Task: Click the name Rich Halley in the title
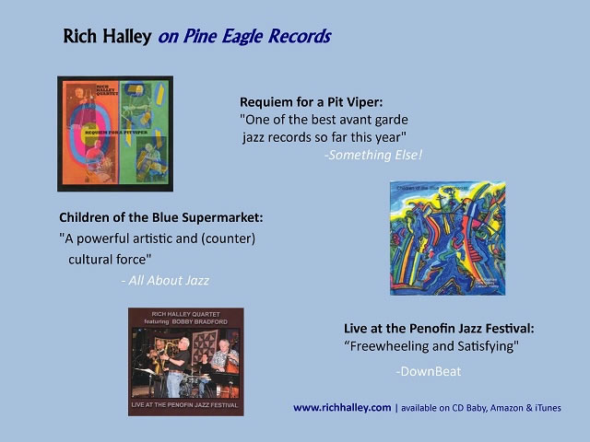[x=108, y=37]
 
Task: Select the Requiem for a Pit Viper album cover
[x=115, y=133]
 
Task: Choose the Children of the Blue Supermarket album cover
[x=447, y=238]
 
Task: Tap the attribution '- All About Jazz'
[x=165, y=280]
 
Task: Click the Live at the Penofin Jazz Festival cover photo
[x=185, y=362]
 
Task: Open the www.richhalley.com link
[x=342, y=407]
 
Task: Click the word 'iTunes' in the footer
[x=545, y=407]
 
